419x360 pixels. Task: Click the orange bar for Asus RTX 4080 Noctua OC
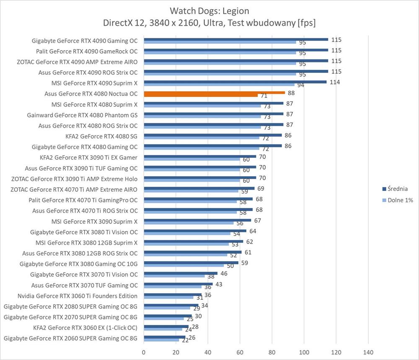(214, 93)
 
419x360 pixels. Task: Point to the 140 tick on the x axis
(368, 352)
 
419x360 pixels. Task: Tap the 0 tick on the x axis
(144, 352)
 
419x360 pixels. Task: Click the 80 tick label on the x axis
(272, 352)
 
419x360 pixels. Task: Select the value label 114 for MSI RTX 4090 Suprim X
(335, 82)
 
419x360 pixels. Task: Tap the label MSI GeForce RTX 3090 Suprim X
(94, 221)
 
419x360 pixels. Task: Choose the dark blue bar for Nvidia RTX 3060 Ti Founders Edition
(173, 294)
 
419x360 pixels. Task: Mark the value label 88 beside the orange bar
(292, 93)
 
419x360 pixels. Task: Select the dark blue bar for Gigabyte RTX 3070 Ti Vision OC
(181, 273)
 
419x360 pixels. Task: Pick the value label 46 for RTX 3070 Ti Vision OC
(224, 273)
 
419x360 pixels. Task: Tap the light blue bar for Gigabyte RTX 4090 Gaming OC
(220, 42)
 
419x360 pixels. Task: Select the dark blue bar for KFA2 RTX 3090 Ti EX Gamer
(200, 157)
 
